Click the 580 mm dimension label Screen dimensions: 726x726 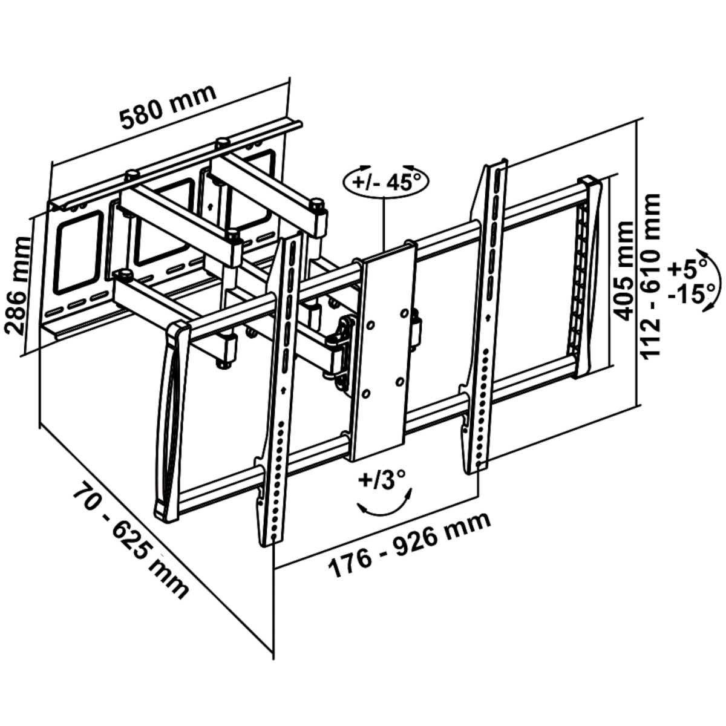(168, 106)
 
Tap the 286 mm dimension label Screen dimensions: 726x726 (18, 286)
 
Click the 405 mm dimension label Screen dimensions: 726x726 (622, 271)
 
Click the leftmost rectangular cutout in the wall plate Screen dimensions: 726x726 (79, 252)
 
